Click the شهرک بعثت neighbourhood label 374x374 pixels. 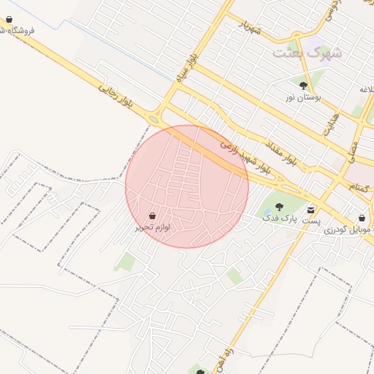tap(307, 53)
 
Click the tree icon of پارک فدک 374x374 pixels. tap(279, 207)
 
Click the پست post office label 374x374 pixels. tap(312, 219)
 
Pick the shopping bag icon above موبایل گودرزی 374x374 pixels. tap(362, 218)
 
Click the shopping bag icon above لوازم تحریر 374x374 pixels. tap(152, 216)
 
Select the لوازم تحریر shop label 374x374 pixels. tap(152, 227)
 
